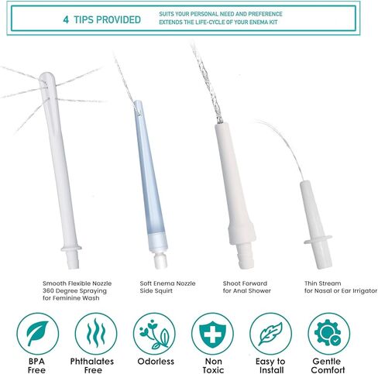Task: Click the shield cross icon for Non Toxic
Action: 212,332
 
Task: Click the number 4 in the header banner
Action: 66,19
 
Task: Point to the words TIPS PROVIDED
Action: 108,19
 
